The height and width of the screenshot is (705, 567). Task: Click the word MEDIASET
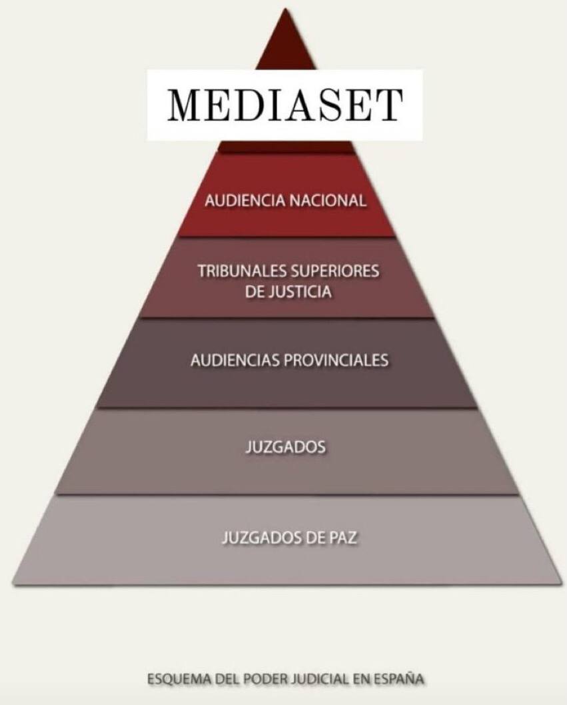[285, 104]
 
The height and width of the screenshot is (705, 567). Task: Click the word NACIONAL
[328, 201]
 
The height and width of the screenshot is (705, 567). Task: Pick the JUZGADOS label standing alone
[284, 446]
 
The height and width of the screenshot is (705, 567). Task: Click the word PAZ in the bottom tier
[342, 537]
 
